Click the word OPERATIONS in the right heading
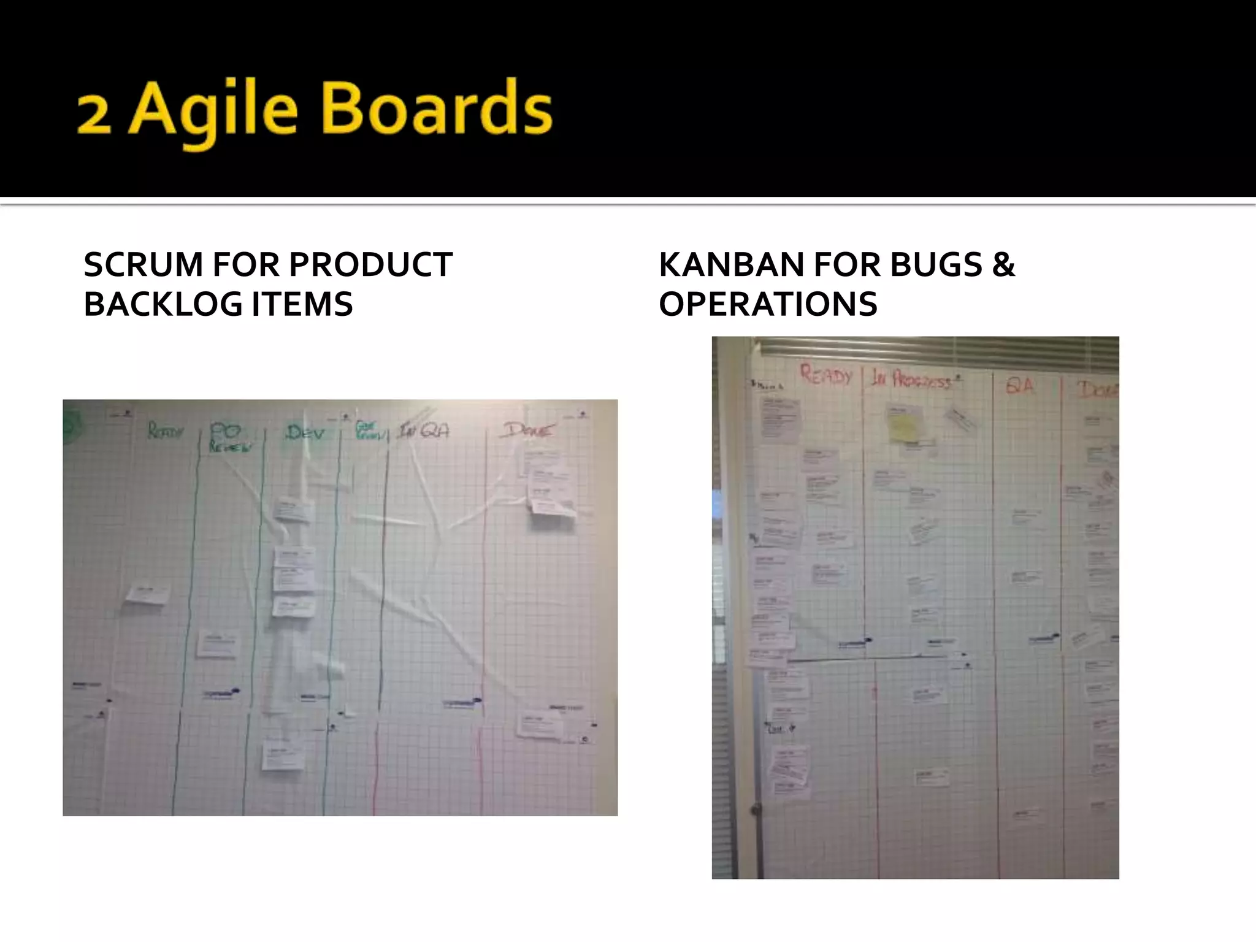click(768, 304)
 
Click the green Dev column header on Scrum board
click(305, 433)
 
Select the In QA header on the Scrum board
click(423, 431)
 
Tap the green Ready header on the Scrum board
click(164, 432)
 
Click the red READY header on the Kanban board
click(826, 375)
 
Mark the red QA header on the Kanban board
click(1020, 385)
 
